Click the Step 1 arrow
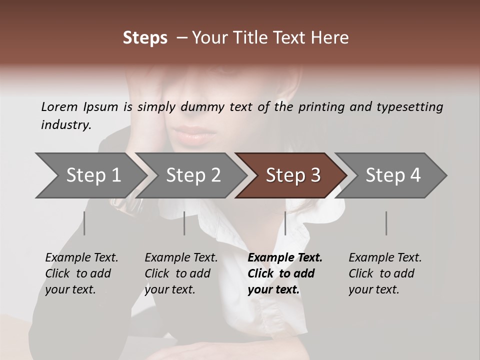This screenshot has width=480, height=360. point(90,175)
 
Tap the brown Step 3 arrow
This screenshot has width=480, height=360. point(292,175)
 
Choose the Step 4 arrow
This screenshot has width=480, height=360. point(392,175)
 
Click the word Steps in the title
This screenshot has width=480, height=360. point(145,38)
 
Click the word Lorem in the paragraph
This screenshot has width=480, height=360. point(59,106)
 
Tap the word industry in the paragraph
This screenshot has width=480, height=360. point(65,124)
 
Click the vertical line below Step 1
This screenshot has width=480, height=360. point(84,223)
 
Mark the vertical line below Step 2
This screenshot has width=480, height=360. point(184,223)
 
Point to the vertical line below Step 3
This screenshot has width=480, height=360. point(285,223)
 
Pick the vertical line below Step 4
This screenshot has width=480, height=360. point(386,223)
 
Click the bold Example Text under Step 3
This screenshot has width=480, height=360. point(285,257)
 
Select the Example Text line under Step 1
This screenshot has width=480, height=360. point(81,257)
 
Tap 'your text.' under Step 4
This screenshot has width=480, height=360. point(373,289)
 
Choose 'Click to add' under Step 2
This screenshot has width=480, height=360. point(177,273)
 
